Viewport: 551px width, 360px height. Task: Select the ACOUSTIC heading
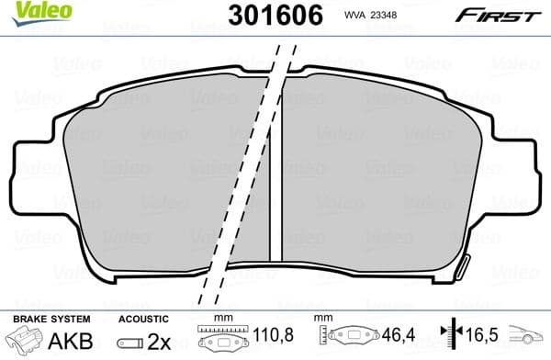142,318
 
